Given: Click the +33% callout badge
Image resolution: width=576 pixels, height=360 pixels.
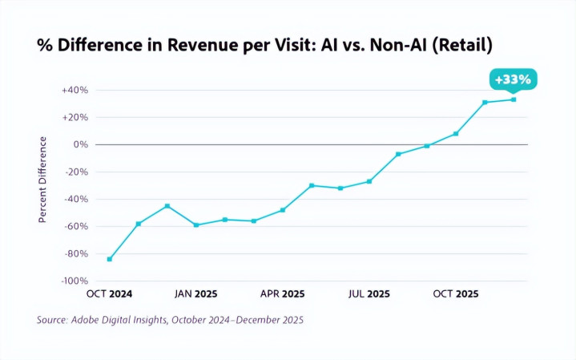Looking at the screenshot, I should [x=513, y=79].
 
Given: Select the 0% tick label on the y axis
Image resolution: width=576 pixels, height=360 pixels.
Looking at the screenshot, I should [x=81, y=145].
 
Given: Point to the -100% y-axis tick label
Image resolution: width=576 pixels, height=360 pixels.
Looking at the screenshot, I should [x=73, y=281].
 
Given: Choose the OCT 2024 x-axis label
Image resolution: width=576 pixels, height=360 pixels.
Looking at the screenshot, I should [x=109, y=294].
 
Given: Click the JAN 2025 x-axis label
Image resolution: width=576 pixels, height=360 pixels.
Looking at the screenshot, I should [x=195, y=294].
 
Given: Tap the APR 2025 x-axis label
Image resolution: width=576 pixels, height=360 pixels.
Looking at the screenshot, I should [x=282, y=294].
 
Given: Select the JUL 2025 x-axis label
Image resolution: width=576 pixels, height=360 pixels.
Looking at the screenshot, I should [x=369, y=294].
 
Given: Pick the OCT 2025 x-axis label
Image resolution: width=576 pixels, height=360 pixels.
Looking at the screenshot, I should [x=456, y=294].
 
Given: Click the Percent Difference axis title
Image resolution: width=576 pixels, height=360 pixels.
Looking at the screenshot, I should [x=44, y=179].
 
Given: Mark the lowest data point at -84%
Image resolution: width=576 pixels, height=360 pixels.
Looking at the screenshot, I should [x=110, y=259].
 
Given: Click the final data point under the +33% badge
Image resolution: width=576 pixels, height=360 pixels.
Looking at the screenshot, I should [x=514, y=99].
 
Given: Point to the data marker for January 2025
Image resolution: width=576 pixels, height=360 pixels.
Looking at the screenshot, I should [x=196, y=225].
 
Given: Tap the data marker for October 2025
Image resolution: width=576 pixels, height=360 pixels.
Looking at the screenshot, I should [x=456, y=133].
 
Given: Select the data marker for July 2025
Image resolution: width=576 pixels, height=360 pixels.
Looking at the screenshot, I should [x=369, y=181].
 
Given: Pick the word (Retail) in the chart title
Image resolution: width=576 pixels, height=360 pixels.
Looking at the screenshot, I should [x=462, y=46].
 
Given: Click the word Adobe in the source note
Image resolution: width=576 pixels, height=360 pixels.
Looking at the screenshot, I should [x=91, y=320].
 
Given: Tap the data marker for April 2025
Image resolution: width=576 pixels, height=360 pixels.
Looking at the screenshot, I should [x=283, y=210].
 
